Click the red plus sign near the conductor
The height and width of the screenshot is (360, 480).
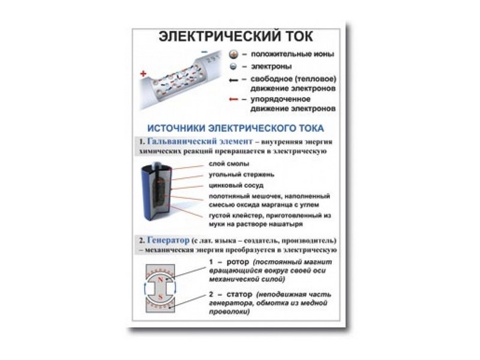click(143, 73)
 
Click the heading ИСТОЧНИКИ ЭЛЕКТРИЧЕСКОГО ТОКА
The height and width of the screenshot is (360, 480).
click(235, 128)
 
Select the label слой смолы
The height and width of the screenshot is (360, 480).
click(229, 163)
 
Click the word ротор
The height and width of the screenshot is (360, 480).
click(236, 262)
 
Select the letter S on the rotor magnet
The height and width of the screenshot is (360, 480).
click(160, 296)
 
